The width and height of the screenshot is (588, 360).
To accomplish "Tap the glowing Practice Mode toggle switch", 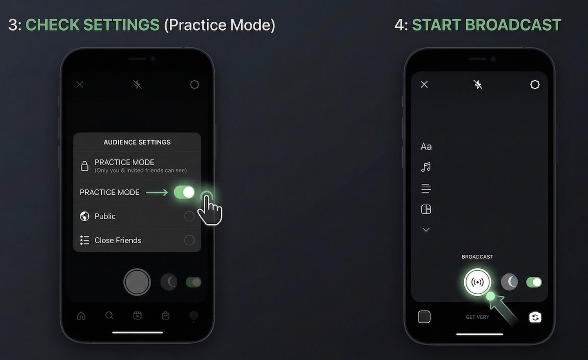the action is pyautogui.click(x=184, y=192).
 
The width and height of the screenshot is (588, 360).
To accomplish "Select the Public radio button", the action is pyautogui.click(x=189, y=216).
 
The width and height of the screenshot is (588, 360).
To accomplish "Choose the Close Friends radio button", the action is pyautogui.click(x=189, y=240).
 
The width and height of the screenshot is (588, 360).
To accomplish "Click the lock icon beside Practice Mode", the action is pyautogui.click(x=84, y=166).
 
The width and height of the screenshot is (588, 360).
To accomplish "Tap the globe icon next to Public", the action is pyautogui.click(x=85, y=216).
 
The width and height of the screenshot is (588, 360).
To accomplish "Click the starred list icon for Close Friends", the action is pyautogui.click(x=85, y=240).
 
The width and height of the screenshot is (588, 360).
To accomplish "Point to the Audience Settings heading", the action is pyautogui.click(x=137, y=142).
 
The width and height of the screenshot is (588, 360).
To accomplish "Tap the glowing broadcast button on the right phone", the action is pyautogui.click(x=477, y=282).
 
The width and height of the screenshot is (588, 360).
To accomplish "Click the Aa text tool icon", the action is pyautogui.click(x=426, y=147).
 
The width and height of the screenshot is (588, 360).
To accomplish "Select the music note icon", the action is pyautogui.click(x=426, y=167).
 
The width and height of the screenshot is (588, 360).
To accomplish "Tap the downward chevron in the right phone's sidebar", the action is pyautogui.click(x=426, y=230).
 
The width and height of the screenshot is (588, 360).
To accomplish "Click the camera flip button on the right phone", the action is pyautogui.click(x=535, y=317).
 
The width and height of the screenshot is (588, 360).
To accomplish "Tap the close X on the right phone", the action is pyautogui.click(x=424, y=84).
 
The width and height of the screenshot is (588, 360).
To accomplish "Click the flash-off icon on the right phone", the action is pyautogui.click(x=478, y=84).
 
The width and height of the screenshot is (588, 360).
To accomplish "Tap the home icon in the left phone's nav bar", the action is pyautogui.click(x=81, y=316).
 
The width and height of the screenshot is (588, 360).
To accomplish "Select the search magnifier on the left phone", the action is pyautogui.click(x=109, y=316).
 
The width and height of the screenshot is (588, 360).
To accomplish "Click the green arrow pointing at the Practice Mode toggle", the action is pyautogui.click(x=157, y=192).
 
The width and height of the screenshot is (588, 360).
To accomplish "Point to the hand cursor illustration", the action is pyautogui.click(x=209, y=209).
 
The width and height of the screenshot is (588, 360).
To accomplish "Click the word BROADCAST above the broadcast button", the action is pyautogui.click(x=477, y=257).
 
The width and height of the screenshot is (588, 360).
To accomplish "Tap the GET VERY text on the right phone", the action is pyautogui.click(x=477, y=317).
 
